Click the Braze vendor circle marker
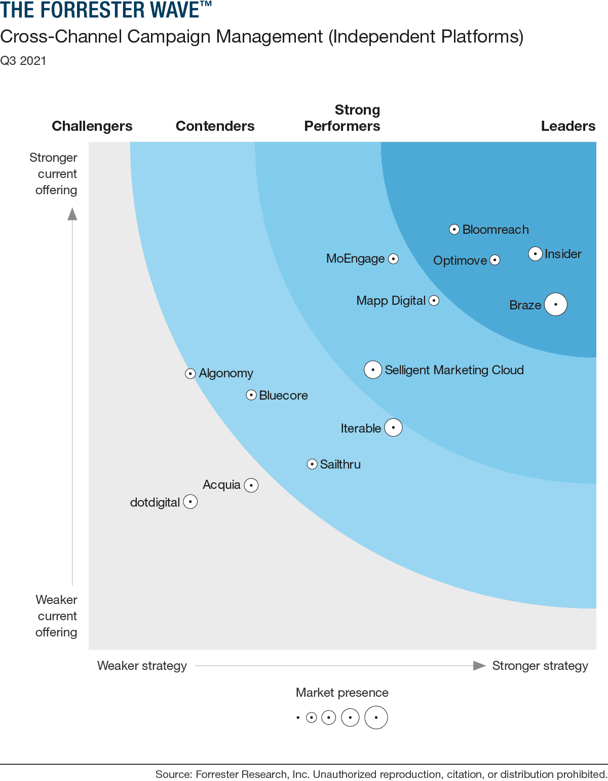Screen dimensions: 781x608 pos(556,304)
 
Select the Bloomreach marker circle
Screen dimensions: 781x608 pos(454,229)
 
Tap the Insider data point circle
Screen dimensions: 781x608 pos(535,254)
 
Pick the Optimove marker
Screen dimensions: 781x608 pos(495,260)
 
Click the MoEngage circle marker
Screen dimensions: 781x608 pos(393,259)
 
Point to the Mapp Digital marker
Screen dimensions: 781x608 pos(434,300)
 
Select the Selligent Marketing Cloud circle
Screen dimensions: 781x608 pos(373,370)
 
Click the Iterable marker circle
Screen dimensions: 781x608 pos(393,428)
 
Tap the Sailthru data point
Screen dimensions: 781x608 pos(312,464)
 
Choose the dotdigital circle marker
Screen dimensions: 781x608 pos(190,502)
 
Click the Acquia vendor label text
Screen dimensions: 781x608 pos(221,485)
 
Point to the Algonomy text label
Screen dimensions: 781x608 pos(226,373)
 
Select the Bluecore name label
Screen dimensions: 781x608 pos(283,396)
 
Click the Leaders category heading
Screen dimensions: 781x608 pos(568,126)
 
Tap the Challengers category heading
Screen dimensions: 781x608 pos(92,126)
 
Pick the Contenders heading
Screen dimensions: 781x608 pos(215,126)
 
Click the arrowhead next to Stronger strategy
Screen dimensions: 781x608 pos(479,665)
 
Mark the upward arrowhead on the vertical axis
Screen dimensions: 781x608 pos(72,215)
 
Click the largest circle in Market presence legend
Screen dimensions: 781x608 pos(376,718)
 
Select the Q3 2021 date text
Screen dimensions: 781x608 pos(23,61)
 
